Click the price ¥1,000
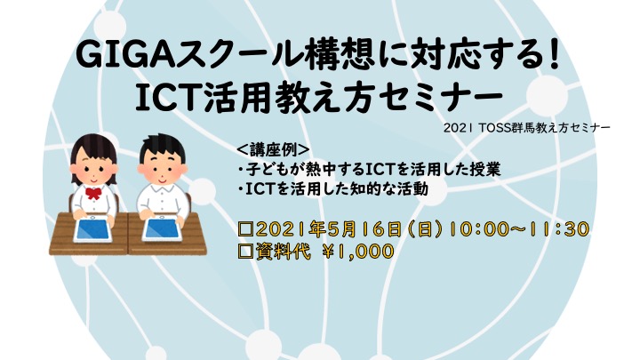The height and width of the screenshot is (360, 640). [357, 251]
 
